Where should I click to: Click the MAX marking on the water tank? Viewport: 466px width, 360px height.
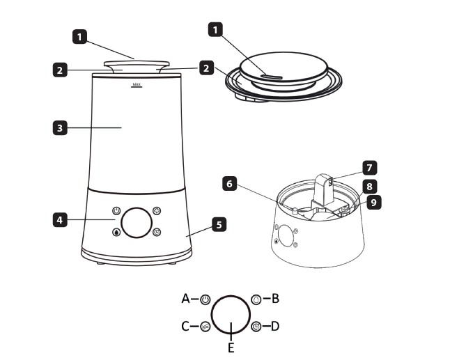(137, 85)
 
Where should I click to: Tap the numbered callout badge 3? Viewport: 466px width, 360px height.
(60, 128)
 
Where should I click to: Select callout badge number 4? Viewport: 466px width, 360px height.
(60, 220)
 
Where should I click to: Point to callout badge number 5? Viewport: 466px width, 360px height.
(219, 225)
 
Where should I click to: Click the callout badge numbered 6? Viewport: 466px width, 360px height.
(229, 184)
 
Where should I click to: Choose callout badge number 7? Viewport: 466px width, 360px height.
(370, 168)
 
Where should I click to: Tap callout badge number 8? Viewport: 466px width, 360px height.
(369, 186)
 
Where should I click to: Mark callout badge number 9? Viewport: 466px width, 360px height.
(374, 203)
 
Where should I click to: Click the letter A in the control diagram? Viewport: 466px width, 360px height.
(186, 299)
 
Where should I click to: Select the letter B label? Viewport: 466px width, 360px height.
(276, 299)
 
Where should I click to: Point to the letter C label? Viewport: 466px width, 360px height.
(185, 327)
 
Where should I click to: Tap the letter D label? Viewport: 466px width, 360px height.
(275, 326)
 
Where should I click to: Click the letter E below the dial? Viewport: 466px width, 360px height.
(231, 348)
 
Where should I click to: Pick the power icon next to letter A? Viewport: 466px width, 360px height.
(205, 299)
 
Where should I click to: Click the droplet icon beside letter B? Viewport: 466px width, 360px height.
(256, 299)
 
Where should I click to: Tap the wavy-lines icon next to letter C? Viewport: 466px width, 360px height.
(205, 327)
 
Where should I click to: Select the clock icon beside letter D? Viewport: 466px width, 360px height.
(256, 327)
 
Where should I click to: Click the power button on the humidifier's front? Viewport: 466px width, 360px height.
(116, 211)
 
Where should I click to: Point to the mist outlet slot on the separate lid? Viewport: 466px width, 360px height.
(272, 77)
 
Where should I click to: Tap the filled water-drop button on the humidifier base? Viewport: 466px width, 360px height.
(116, 232)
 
